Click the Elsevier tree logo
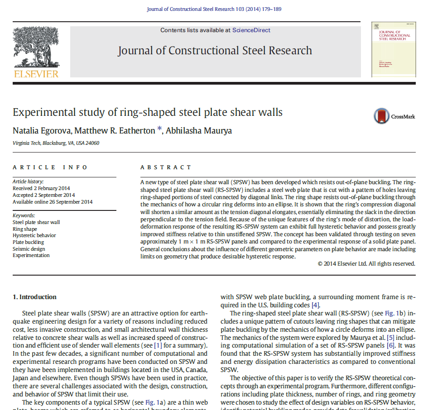coord(36,48)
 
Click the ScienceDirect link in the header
coord(251,30)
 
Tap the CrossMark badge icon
coord(382,116)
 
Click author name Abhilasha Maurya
coord(199,131)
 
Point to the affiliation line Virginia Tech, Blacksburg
coord(56,143)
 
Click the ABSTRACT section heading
coord(159,167)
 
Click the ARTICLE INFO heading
coord(50,167)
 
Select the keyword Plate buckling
coord(28,242)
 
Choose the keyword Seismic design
coord(29,249)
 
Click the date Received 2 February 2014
coord(41,188)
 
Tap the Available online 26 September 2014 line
coord(53,202)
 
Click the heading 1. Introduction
coord(34,297)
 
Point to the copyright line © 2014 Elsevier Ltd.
coord(366,263)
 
